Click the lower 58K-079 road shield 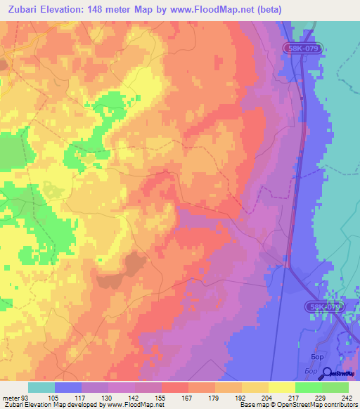[x=324, y=307]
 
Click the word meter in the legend [x=11, y=397]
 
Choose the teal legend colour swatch [x=41, y=387]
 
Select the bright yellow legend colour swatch [x=281, y=387]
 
